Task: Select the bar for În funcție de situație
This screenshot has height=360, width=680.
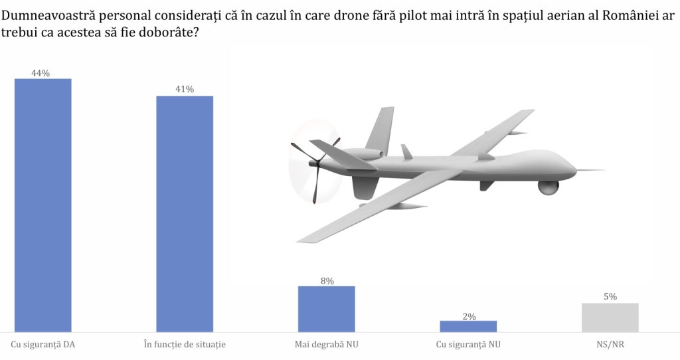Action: click(185, 213)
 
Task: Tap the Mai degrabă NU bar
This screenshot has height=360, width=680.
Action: click(326, 308)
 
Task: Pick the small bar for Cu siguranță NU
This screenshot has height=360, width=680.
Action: click(468, 325)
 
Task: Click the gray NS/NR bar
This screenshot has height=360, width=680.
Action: click(610, 317)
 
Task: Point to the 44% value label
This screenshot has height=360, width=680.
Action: click(41, 73)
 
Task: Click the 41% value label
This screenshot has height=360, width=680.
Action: click(185, 90)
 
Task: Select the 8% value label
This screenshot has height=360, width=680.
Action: click(327, 281)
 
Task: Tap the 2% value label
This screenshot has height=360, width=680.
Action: click(469, 316)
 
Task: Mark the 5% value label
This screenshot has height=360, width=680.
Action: click(610, 297)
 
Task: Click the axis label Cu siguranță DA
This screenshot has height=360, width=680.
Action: click(42, 344)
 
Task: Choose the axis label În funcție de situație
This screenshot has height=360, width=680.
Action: click(185, 344)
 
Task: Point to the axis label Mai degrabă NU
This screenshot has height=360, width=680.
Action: click(326, 344)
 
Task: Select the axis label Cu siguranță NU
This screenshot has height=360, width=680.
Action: click(468, 344)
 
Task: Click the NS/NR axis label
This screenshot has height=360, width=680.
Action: click(610, 344)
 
